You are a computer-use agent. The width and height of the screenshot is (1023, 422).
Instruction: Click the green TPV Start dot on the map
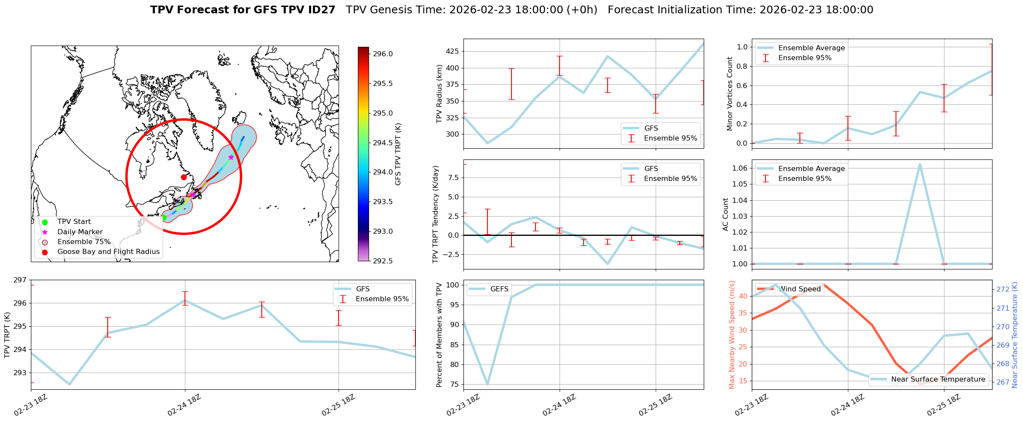163,218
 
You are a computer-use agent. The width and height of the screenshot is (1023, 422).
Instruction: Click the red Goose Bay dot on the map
184,177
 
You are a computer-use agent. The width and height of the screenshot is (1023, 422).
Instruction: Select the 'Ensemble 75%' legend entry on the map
84,242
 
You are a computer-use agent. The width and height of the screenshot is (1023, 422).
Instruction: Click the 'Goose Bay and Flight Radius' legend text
108,252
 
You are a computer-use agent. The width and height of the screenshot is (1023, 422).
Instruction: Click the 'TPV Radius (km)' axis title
439,94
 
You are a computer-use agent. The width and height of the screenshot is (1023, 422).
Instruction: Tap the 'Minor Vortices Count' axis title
729,94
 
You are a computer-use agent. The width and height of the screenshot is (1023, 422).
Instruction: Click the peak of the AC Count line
920,164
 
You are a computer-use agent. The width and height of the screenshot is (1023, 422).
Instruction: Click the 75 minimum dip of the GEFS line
487,384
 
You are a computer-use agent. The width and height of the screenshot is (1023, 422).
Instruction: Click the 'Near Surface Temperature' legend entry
938,379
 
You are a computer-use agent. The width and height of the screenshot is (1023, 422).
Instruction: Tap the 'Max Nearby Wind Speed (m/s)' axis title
732,335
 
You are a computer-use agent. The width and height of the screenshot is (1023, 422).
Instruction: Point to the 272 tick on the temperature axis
1003,290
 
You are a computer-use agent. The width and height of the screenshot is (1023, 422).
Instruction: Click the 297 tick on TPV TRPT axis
20,280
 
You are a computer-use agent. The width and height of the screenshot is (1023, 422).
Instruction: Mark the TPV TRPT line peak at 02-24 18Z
185,300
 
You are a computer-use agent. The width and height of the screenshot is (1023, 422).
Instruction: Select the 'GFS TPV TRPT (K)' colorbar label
398,154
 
